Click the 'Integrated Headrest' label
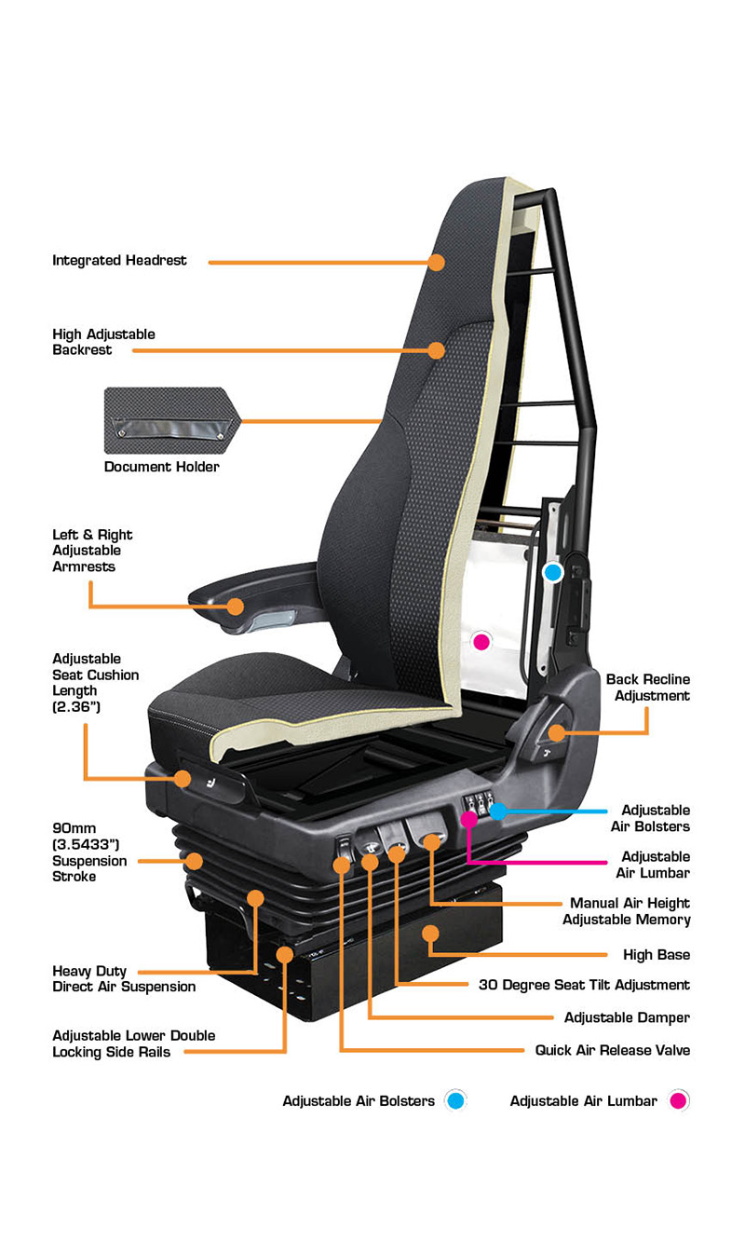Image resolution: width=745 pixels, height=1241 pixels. pyautogui.click(x=119, y=260)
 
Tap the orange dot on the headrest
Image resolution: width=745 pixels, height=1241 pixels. pyautogui.click(x=436, y=262)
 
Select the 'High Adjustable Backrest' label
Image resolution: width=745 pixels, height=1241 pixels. pyautogui.click(x=103, y=342)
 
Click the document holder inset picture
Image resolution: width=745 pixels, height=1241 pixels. pyautogui.click(x=172, y=420)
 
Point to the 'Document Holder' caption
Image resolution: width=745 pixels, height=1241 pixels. pyautogui.click(x=162, y=467)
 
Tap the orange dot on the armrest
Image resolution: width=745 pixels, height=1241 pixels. pyautogui.click(x=236, y=607)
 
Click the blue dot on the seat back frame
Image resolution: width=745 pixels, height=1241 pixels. pyautogui.click(x=553, y=572)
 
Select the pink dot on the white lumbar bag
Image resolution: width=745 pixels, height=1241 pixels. pyautogui.click(x=481, y=642)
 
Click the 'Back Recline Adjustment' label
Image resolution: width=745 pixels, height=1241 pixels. pyautogui.click(x=648, y=687)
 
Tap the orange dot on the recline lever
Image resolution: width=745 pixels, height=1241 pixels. pyautogui.click(x=557, y=732)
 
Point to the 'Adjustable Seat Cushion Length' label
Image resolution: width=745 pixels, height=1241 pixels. pyautogui.click(x=95, y=683)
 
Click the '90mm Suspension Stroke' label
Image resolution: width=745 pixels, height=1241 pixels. pyautogui.click(x=89, y=852)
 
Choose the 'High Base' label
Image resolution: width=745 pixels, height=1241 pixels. pyautogui.click(x=657, y=955)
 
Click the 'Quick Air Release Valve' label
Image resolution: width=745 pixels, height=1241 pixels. pyautogui.click(x=613, y=1050)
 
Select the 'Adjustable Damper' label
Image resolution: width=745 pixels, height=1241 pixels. pyautogui.click(x=627, y=1017)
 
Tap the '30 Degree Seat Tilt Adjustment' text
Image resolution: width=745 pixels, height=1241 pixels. pyautogui.click(x=585, y=985)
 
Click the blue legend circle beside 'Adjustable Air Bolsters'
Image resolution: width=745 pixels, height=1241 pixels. pyautogui.click(x=456, y=1100)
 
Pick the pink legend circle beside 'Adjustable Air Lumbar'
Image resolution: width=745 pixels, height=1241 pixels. pyautogui.click(x=679, y=1100)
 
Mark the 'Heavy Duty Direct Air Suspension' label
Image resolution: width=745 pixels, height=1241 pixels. pyautogui.click(x=124, y=979)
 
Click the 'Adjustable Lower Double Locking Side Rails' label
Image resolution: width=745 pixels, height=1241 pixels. pyautogui.click(x=133, y=1043)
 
